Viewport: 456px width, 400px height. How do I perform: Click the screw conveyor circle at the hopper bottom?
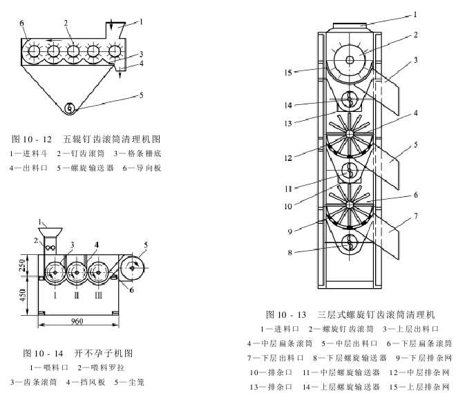[69, 108]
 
